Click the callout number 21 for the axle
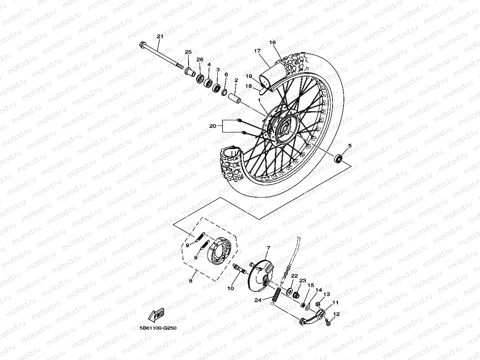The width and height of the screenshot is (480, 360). point(160,37)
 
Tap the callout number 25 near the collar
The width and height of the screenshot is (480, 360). point(188,52)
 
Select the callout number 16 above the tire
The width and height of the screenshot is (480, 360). point(273,42)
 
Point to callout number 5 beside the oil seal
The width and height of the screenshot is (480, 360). point(349,146)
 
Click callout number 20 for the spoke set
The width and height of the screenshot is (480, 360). point(213,126)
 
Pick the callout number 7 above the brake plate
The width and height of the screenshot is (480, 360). point(268,248)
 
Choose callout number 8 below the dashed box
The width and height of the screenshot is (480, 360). point(191,281)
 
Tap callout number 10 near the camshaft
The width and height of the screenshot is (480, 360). point(231,288)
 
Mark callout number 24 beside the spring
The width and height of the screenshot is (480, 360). point(258,300)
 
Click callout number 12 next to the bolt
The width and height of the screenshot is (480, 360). point(336,314)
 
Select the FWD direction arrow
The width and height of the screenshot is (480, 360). point(156,315)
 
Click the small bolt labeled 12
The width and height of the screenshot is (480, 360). point(328,323)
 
